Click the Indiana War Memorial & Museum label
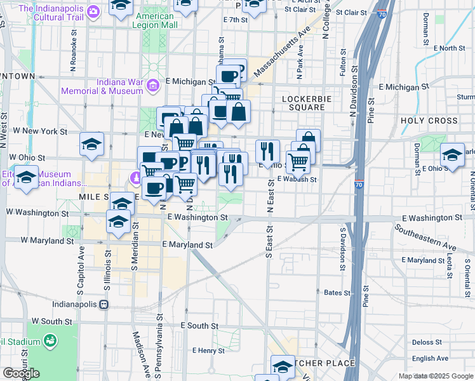point(102,86)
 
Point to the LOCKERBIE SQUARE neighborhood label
point(303,103)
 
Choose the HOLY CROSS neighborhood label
point(429,120)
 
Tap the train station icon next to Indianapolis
point(103,304)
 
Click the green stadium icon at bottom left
point(50,342)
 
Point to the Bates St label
point(337,293)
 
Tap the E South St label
point(199,326)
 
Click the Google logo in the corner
point(21,373)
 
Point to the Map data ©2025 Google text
point(436,376)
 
